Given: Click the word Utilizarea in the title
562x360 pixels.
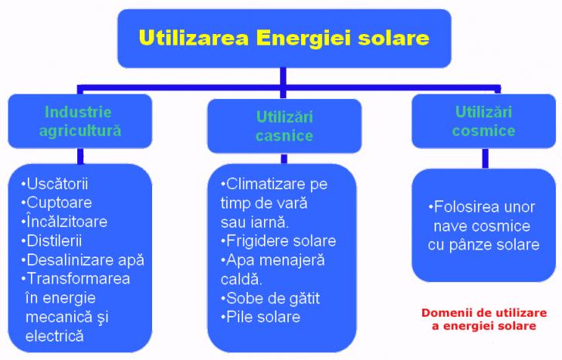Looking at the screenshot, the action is click(x=194, y=38).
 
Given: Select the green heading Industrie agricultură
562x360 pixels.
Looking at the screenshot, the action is click(x=80, y=121).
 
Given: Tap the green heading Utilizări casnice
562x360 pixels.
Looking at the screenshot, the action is click(x=285, y=126).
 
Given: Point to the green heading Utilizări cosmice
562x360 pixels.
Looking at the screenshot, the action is click(x=483, y=121).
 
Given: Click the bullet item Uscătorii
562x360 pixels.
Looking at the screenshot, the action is click(x=55, y=184).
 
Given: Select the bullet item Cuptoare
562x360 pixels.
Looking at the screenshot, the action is click(x=56, y=203).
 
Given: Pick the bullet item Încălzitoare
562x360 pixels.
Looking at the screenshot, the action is click(x=64, y=221).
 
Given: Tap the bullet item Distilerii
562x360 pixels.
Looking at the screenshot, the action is click(x=52, y=240).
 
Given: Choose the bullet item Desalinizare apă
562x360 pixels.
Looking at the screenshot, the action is click(x=83, y=260).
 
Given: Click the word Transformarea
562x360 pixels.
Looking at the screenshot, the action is click(x=78, y=279).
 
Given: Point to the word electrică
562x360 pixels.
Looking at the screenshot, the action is click(x=55, y=336).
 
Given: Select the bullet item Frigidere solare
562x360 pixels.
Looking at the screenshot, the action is click(x=279, y=241).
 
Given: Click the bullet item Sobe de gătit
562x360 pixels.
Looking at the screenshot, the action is click(x=270, y=298).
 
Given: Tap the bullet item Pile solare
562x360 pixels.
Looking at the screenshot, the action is click(x=261, y=317).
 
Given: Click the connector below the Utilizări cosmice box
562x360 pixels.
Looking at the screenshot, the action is click(x=486, y=158).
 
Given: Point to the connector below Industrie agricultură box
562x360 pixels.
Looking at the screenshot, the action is click(x=80, y=156).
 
